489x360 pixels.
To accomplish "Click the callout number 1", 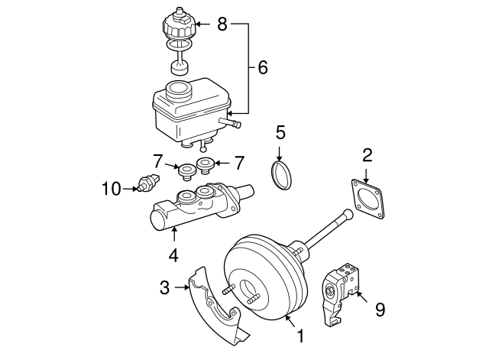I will pos(300,336).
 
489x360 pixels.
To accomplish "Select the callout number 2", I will pos(367,156).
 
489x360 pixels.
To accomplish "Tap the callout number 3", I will pos(164,287).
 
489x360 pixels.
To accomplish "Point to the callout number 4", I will pos(174,255).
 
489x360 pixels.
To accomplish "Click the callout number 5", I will pos(280,131).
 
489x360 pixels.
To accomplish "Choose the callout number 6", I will pos(262,67).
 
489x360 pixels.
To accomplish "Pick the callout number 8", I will pos(222,24).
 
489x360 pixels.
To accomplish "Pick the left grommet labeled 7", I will pos(184,170).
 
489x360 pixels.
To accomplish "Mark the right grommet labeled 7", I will pos(204,164).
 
